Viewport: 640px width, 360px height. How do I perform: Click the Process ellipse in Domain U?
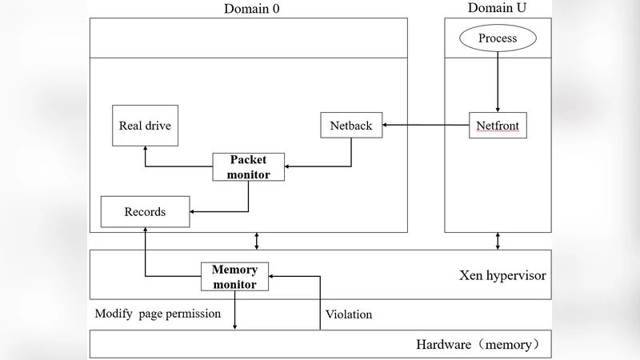498,38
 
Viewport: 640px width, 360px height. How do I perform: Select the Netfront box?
498,126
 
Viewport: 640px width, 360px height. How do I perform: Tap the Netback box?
350,126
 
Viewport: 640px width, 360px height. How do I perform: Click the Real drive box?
145,126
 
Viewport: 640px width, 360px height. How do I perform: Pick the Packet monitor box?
248,166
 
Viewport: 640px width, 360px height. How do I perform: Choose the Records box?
145,212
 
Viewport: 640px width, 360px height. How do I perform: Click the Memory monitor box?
234,276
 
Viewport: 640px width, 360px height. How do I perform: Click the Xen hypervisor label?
502,275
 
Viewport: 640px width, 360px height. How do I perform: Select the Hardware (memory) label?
484,345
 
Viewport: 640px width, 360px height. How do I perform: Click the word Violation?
349,314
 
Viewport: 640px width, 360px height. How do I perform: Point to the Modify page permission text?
158,314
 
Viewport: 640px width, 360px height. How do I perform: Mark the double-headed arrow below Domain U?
498,241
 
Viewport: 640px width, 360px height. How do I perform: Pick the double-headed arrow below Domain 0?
257,241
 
